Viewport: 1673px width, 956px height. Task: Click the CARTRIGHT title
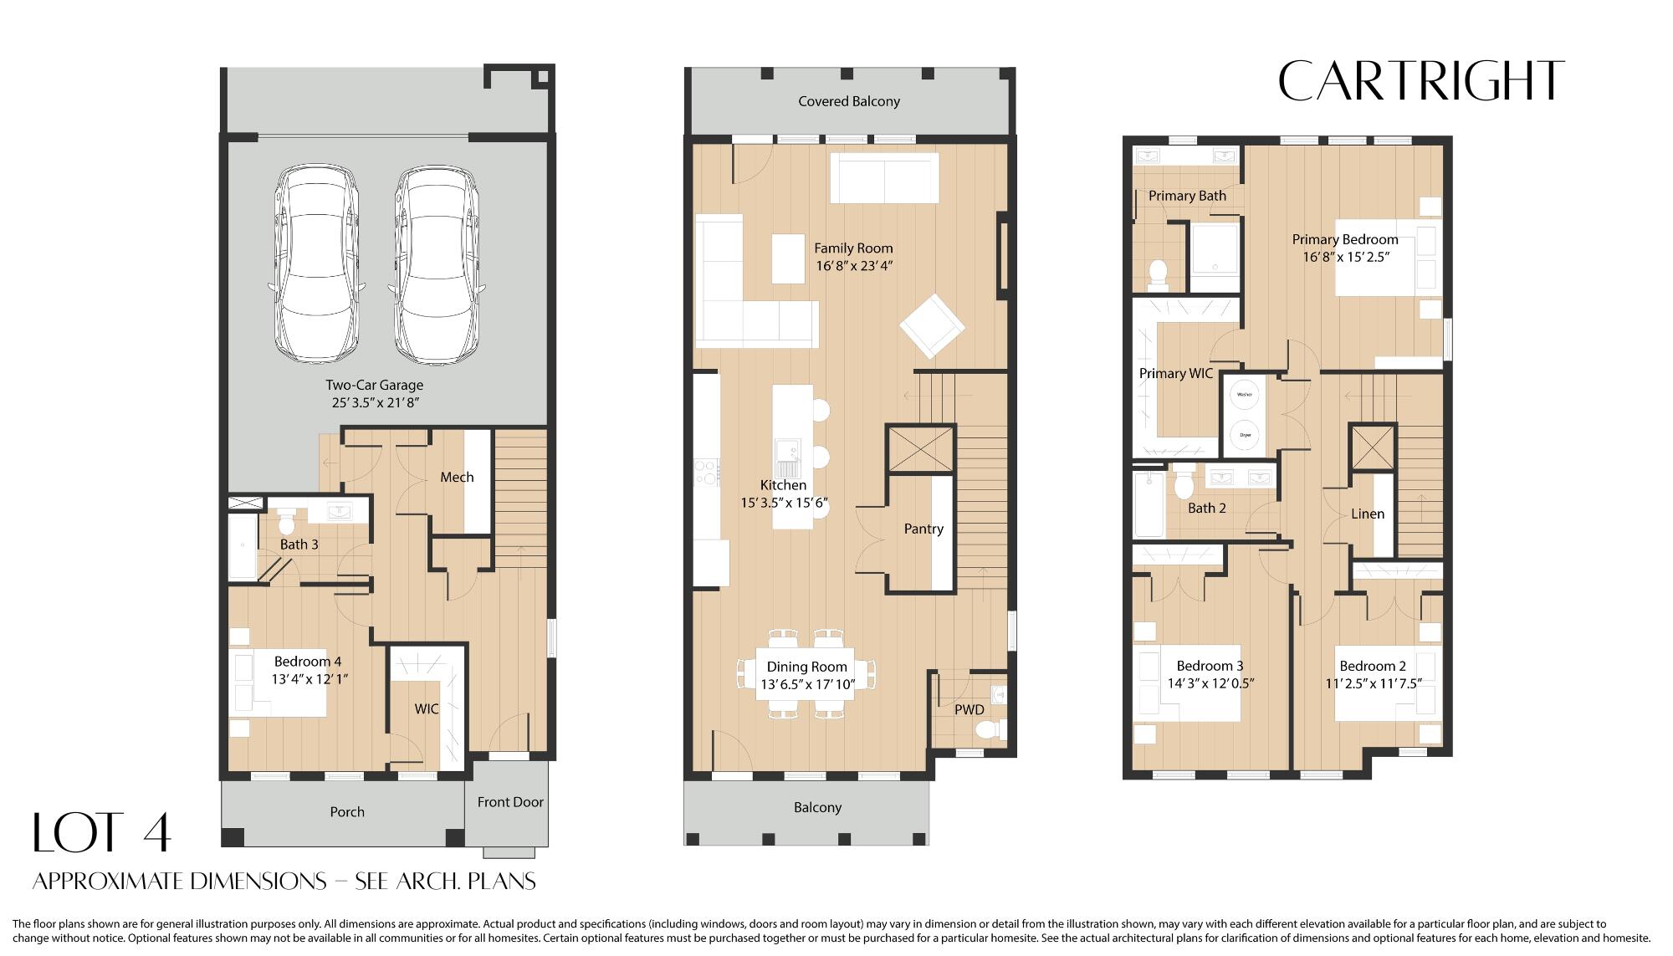(1420, 81)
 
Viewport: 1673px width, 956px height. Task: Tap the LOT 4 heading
(102, 833)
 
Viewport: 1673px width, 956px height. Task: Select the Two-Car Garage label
(374, 385)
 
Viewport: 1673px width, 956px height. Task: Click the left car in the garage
(317, 264)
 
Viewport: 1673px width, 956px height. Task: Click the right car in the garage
(436, 264)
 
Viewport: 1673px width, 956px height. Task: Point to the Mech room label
(457, 477)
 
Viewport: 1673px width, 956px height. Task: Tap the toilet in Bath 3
(287, 522)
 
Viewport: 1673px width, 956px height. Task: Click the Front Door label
(510, 802)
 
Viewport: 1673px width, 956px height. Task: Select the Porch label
(347, 811)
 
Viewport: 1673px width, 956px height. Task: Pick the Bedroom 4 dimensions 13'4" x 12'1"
(310, 679)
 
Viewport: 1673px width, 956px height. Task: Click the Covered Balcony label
(849, 101)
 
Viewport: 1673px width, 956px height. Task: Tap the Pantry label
(923, 529)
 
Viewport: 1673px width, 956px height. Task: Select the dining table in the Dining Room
(805, 674)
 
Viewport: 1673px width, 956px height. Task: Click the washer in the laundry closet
(1245, 394)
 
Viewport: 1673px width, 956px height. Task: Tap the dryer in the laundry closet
(1245, 434)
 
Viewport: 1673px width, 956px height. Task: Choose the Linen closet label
(1368, 514)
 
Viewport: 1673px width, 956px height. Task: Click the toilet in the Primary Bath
(1159, 273)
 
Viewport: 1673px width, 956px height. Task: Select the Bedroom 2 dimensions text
(1373, 683)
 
